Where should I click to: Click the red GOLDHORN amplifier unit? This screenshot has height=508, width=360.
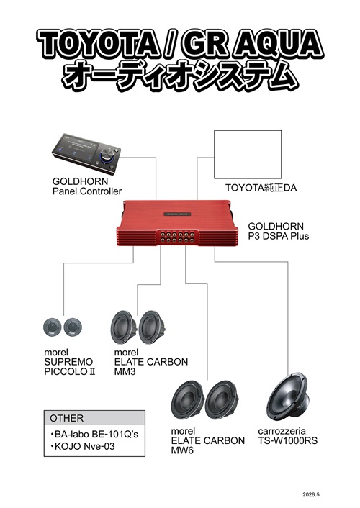(x=177, y=223)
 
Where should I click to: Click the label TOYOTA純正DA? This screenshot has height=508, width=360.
(x=261, y=188)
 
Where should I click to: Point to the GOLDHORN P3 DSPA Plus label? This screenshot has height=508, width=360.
(x=278, y=231)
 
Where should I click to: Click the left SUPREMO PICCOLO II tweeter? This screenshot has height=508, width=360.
(x=53, y=327)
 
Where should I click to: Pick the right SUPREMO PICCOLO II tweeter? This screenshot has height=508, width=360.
(x=73, y=327)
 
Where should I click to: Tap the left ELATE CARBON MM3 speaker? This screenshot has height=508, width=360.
(x=124, y=327)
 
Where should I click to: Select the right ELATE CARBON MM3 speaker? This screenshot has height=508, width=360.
(x=152, y=327)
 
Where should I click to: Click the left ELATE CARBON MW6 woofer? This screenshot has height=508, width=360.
(x=187, y=401)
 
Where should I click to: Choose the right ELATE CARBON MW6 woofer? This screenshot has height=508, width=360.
(x=222, y=401)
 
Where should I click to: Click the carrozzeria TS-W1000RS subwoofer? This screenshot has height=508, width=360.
(x=288, y=397)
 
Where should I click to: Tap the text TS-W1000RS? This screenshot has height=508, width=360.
(x=288, y=440)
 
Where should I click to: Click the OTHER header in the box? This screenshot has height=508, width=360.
(x=66, y=418)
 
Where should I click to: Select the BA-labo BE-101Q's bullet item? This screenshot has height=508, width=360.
(x=94, y=434)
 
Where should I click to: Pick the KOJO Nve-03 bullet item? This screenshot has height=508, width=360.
(x=82, y=446)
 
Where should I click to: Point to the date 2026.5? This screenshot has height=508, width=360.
(x=311, y=494)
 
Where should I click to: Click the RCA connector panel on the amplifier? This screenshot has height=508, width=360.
(x=177, y=237)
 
